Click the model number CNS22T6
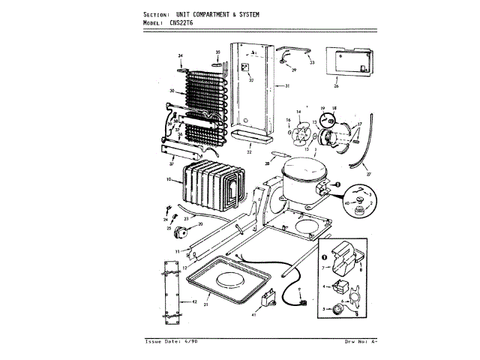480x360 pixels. point(186,23)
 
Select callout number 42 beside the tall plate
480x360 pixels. point(193,301)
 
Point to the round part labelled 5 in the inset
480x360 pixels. point(342,307)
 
